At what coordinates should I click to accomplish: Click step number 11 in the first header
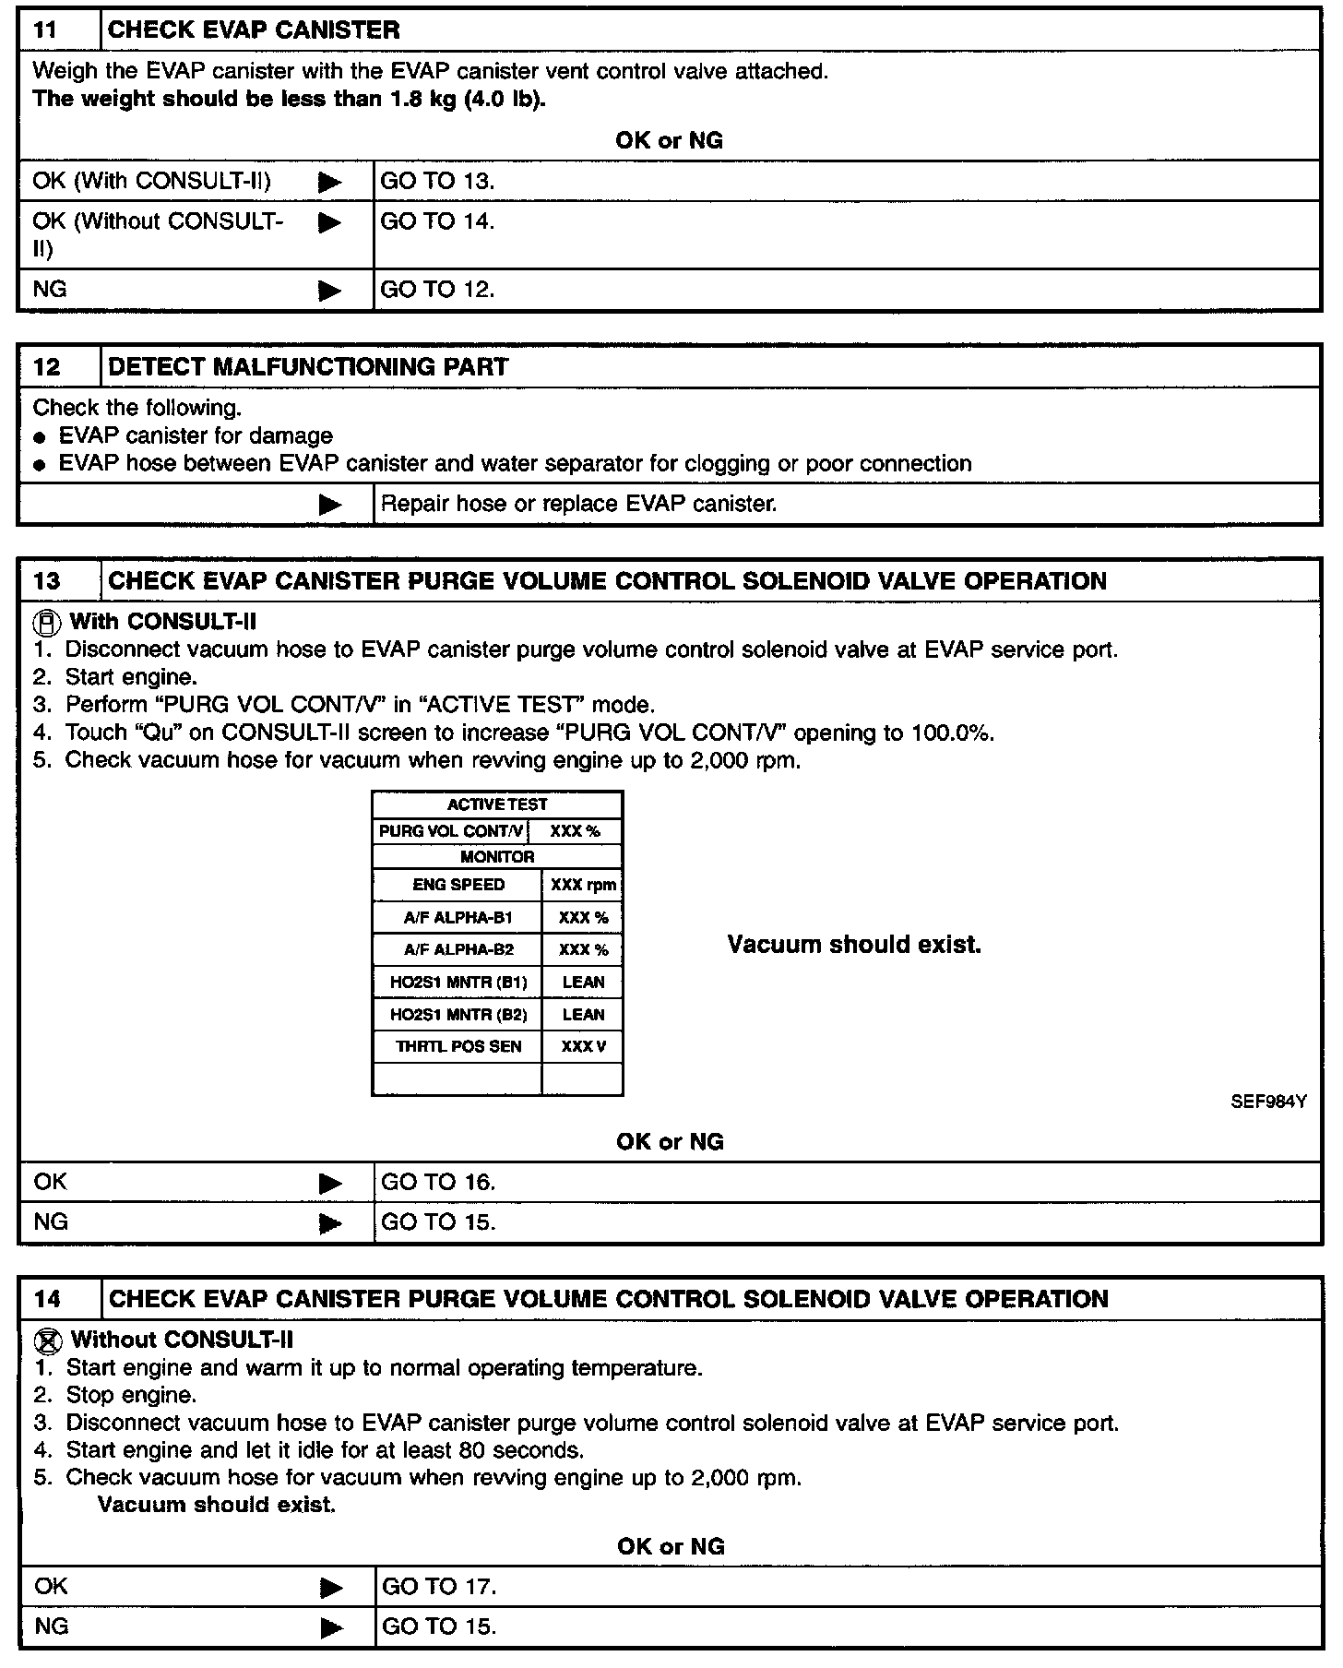45,30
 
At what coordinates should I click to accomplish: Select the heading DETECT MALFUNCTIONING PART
308,367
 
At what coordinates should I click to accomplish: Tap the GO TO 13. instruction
437,181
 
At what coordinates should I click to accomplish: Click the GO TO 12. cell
437,290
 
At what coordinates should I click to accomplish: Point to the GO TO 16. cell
438,1183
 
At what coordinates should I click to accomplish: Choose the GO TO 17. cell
439,1587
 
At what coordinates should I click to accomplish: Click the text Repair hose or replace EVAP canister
578,505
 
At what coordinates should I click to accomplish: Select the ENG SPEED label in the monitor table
458,885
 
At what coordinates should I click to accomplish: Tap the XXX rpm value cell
583,886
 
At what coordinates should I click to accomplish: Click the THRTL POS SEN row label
458,1047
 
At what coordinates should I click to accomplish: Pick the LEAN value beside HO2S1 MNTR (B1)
583,983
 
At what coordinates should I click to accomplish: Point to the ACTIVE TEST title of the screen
497,804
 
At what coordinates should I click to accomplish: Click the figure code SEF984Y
1268,1102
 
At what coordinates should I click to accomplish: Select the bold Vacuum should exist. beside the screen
854,945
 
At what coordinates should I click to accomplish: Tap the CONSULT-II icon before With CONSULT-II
47,622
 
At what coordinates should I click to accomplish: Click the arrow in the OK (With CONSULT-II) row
328,182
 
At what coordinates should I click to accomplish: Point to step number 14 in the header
47,1300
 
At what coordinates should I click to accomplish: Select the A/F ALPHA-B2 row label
458,950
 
